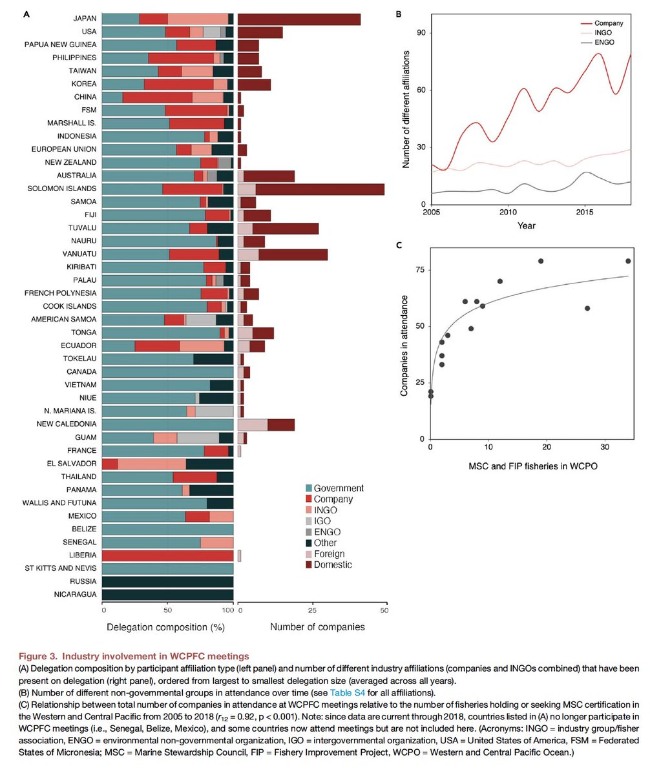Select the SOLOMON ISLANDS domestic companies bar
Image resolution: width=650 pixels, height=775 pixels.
click(320, 189)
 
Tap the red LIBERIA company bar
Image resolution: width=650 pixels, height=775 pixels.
click(168, 555)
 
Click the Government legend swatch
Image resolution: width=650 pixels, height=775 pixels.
click(309, 489)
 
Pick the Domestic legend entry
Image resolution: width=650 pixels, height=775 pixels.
click(309, 565)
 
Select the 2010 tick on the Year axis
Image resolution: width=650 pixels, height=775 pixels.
click(508, 212)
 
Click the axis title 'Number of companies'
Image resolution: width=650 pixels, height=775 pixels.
click(317, 626)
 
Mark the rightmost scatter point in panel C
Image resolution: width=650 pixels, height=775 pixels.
click(628, 261)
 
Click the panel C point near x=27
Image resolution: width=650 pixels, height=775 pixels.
click(587, 308)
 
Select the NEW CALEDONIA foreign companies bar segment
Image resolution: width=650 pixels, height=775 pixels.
click(253, 424)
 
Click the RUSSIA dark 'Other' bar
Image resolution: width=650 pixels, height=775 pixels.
click(168, 581)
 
